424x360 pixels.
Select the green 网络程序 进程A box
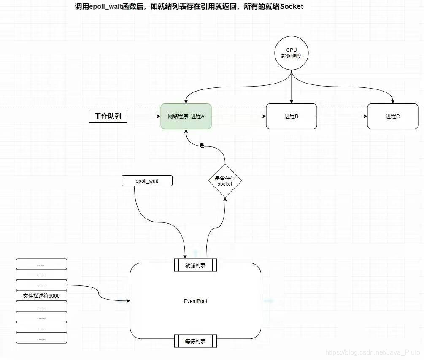186,116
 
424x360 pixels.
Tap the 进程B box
292,116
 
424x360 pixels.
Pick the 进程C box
392,116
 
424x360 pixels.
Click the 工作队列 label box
108,116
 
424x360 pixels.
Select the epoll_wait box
147,181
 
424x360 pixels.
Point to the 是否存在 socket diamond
225,181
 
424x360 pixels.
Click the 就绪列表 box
195,265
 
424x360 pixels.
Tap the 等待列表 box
195,341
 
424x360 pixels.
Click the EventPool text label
195,301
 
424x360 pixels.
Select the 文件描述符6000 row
41,295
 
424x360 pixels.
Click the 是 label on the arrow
202,146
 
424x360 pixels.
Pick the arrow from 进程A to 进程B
238,116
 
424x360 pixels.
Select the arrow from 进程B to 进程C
342,116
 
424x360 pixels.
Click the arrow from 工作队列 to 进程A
143,116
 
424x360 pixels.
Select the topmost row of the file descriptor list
41,264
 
